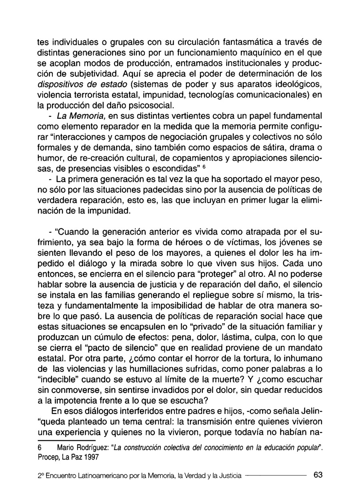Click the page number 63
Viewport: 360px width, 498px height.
(318, 475)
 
